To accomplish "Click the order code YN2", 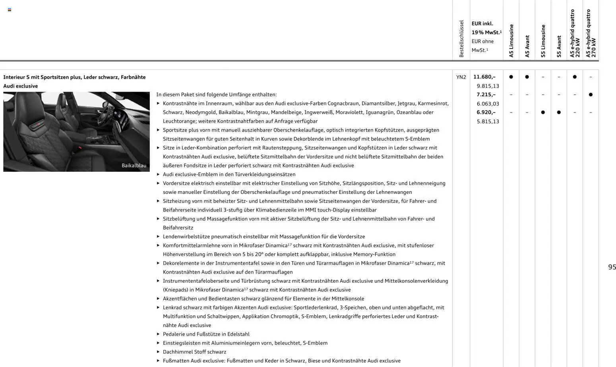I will [x=461, y=77].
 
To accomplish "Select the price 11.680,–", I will [x=484, y=77].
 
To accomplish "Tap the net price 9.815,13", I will [x=488, y=86].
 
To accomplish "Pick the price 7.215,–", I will [x=486, y=95].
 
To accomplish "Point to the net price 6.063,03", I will [x=488, y=104].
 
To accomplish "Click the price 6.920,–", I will [x=486, y=113].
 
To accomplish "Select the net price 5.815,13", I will [x=488, y=122].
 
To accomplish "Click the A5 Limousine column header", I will [x=511, y=41].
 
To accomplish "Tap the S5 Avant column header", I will [x=559, y=46].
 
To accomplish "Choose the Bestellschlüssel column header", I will [x=461, y=39].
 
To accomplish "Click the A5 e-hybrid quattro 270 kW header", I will [x=591, y=34].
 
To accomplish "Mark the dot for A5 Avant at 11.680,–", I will [x=527, y=77].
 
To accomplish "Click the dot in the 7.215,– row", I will [x=591, y=95].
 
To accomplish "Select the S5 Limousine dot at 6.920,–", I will [x=543, y=113].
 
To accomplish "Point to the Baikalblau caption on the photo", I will [x=134, y=165].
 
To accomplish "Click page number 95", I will [x=612, y=267].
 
